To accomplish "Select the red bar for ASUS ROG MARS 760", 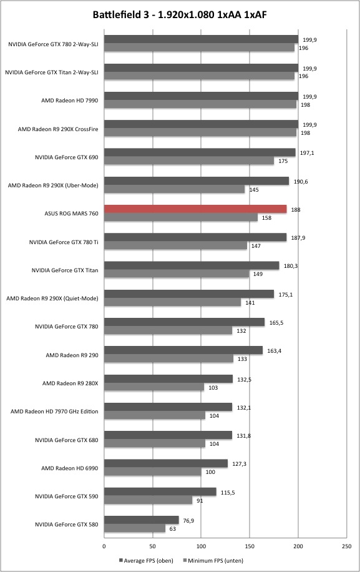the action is [195, 209].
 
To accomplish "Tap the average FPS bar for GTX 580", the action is [142, 520].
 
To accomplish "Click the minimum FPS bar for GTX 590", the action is [148, 500].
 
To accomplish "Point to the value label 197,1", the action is [307, 153].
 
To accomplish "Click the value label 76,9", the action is [188, 521].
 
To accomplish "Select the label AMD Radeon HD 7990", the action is [70, 101].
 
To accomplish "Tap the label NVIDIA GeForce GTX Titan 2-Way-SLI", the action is [52, 72].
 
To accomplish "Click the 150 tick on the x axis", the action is [250, 546].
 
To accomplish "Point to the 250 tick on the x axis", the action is [347, 546].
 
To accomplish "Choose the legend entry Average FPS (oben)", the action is [146, 560].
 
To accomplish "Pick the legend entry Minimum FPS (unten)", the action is [213, 560].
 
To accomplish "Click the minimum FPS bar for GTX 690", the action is [189, 160].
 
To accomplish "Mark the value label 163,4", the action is [275, 351].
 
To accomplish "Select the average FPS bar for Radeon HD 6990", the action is [166, 463].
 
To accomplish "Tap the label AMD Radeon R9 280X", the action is [71, 383].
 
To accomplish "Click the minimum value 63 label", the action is [173, 528].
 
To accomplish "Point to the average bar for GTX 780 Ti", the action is [195, 237].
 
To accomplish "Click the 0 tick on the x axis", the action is [104, 546].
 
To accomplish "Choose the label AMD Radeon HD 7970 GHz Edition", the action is [54, 411].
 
